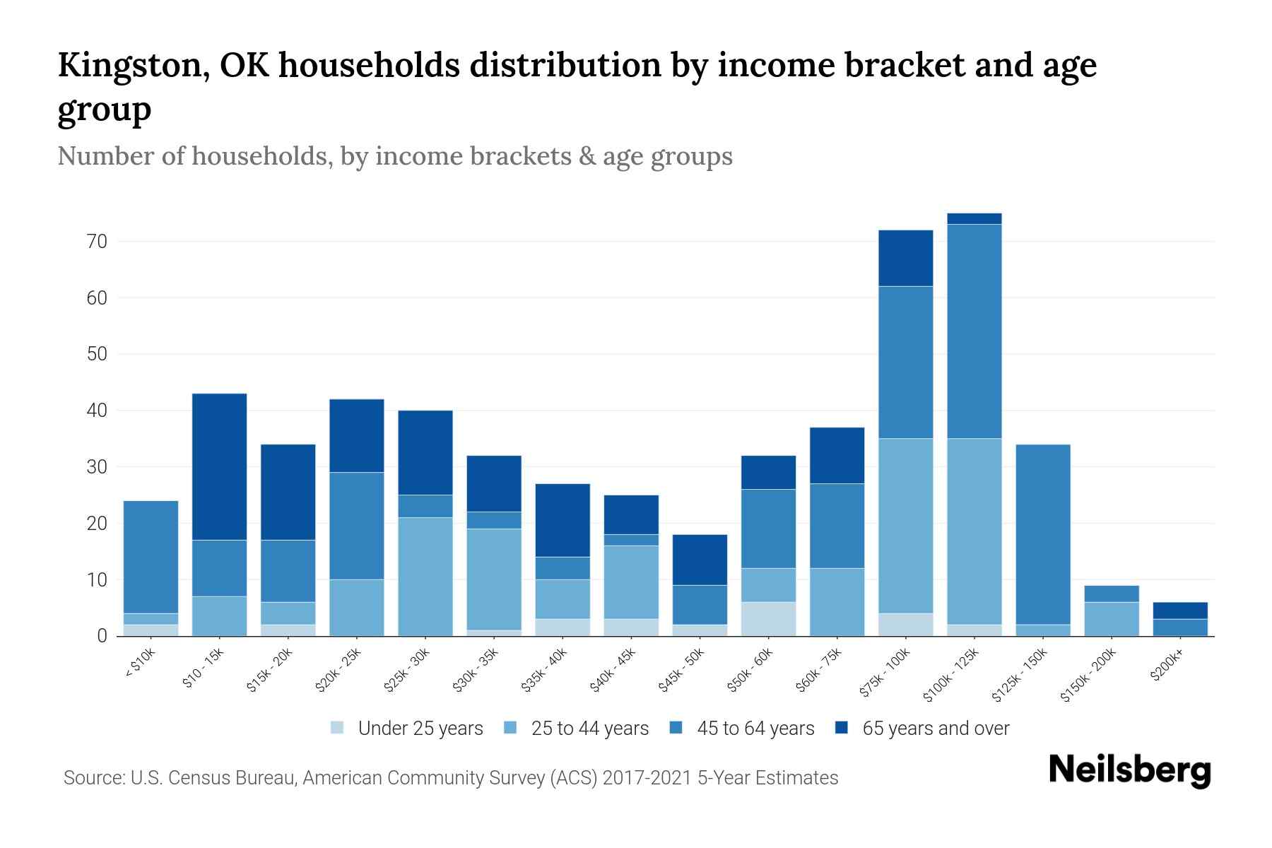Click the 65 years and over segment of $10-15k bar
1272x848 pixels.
[219, 466]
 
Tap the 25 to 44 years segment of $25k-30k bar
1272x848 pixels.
[425, 577]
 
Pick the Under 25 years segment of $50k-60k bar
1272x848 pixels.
[768, 619]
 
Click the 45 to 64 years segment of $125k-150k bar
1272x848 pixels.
[1042, 534]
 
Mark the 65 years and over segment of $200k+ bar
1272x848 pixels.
[1179, 611]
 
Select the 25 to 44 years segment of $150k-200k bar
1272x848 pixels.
[1111, 619]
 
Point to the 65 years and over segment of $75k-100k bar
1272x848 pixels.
[905, 258]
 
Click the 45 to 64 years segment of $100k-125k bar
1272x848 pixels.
[974, 331]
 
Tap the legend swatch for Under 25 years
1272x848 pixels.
[338, 728]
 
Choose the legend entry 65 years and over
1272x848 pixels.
[936, 729]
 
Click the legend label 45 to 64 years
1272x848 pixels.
[755, 729]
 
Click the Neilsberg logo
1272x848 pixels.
[1129, 770]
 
